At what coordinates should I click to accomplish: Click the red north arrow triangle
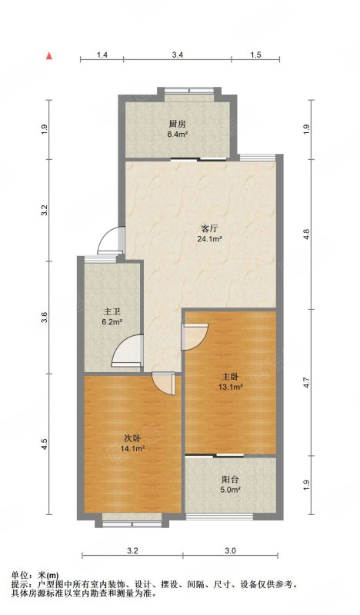pyautogui.click(x=49, y=56)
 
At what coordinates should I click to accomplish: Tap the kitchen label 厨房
pyautogui.click(x=177, y=125)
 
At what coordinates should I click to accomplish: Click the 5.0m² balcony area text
pyautogui.click(x=230, y=490)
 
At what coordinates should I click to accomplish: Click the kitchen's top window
pyautogui.click(x=189, y=90)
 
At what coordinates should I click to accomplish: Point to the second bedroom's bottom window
pyautogui.click(x=132, y=524)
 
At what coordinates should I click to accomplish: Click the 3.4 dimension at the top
pyautogui.click(x=178, y=55)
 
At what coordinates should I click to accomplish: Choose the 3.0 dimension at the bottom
pyautogui.click(x=231, y=551)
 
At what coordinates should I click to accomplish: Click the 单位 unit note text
pyautogui.click(x=18, y=575)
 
